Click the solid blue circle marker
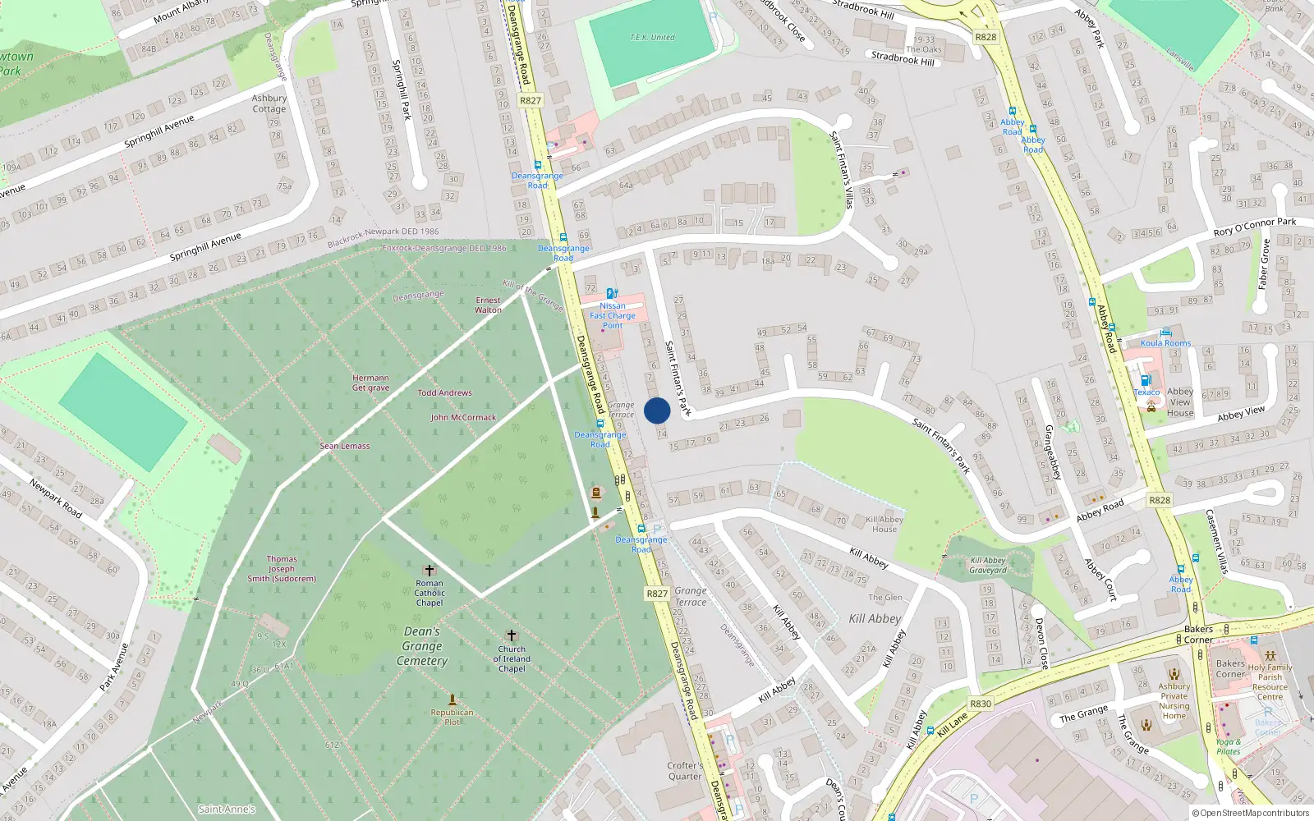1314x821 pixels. pyautogui.click(x=657, y=410)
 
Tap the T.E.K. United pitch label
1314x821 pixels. pyautogui.click(x=652, y=38)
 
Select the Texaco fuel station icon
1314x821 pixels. pyautogui.click(x=1146, y=381)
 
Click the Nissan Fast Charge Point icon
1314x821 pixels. pyautogui.click(x=612, y=294)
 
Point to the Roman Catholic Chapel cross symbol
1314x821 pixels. pyautogui.click(x=429, y=570)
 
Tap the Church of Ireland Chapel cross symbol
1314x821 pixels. pyautogui.click(x=511, y=635)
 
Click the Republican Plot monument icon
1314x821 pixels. pyautogui.click(x=452, y=700)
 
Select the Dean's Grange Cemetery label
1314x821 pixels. pyautogui.click(x=422, y=646)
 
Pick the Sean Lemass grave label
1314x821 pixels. pyautogui.click(x=345, y=446)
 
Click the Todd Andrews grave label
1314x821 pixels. pyautogui.click(x=444, y=392)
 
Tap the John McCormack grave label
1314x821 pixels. pyautogui.click(x=463, y=417)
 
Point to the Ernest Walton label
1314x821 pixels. pyautogui.click(x=488, y=305)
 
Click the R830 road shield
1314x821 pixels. pyautogui.click(x=981, y=704)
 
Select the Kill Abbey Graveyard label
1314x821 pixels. pyautogui.click(x=988, y=566)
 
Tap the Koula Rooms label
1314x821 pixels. pyautogui.click(x=1165, y=343)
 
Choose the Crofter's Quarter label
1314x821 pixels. pyautogui.click(x=685, y=771)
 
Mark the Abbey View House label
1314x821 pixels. pyautogui.click(x=1180, y=402)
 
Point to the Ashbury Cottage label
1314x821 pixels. pyautogui.click(x=269, y=103)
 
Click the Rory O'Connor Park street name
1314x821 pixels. pyautogui.click(x=1254, y=227)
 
